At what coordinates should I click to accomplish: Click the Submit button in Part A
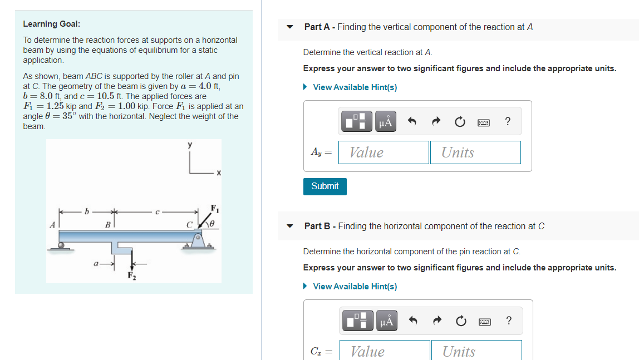tap(325, 186)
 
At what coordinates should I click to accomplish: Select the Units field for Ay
tap(475, 152)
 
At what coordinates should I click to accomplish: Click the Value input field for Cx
tap(385, 351)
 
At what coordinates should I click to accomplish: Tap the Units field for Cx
tap(476, 351)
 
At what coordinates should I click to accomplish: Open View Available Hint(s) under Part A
tap(355, 87)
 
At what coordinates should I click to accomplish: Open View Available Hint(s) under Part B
tap(355, 287)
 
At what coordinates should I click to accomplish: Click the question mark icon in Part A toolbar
tap(507, 122)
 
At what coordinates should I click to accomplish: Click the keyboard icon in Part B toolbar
tap(484, 321)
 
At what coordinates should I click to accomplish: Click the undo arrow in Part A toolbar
tap(412, 122)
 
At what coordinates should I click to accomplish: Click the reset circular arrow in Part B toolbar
tap(460, 321)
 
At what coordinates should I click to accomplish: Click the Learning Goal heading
tap(51, 24)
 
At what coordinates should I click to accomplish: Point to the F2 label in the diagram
tap(131, 275)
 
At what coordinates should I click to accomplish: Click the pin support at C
tap(197, 240)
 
